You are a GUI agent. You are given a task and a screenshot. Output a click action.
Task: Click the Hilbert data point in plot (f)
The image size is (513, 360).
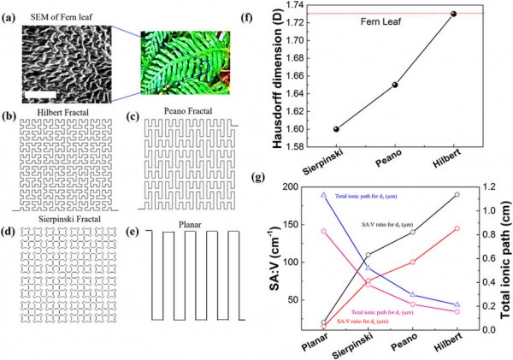point(454,14)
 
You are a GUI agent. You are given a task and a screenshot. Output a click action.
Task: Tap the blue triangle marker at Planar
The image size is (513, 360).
point(324,195)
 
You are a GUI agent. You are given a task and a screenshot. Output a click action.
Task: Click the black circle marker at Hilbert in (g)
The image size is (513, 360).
point(457,195)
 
